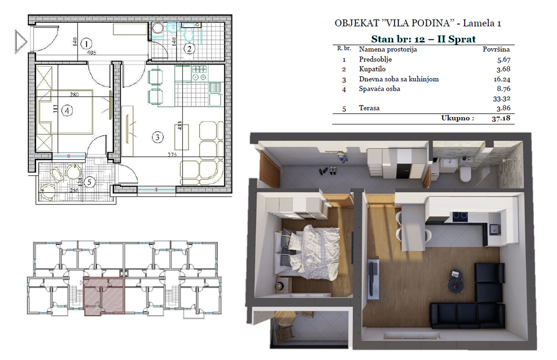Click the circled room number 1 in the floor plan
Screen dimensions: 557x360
[86, 44]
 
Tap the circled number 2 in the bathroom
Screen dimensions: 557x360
[189, 49]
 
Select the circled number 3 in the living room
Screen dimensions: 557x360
[157, 137]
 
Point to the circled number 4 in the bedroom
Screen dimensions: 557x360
[67, 111]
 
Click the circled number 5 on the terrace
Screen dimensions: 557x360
[90, 183]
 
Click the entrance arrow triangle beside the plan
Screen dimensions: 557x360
[20, 41]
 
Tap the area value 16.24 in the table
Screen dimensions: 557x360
[502, 79]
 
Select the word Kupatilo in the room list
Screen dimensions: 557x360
[372, 69]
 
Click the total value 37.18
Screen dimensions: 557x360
[501, 118]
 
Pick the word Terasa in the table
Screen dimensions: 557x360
[369, 108]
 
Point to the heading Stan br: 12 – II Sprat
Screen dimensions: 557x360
[423, 39]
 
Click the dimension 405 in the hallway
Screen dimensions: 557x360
[92, 53]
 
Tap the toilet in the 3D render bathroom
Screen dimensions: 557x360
[465, 174]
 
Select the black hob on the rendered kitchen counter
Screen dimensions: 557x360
[460, 216]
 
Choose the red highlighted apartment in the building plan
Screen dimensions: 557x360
[104, 296]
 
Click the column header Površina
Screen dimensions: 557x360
[496, 49]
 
